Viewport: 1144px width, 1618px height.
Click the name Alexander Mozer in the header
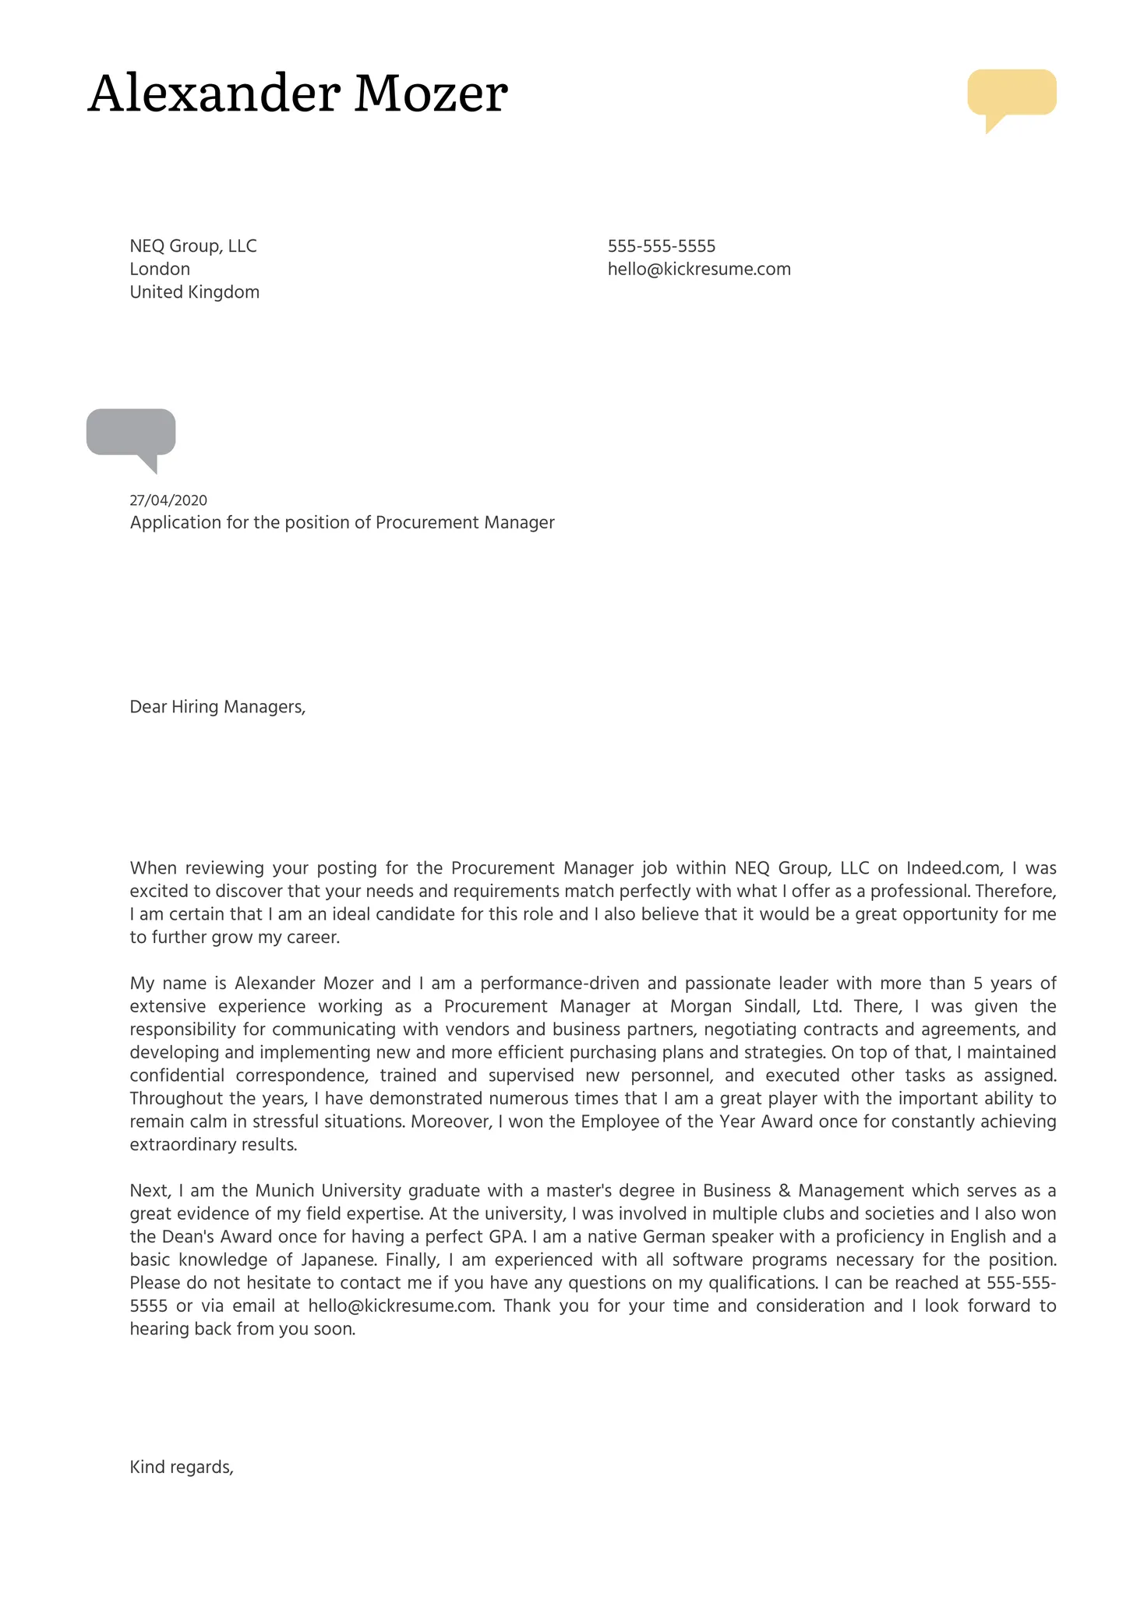coord(297,94)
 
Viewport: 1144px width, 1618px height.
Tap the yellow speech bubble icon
coord(1011,94)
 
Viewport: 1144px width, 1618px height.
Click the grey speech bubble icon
coord(131,433)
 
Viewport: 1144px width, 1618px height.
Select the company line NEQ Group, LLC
coord(192,246)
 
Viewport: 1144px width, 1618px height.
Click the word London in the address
coord(160,270)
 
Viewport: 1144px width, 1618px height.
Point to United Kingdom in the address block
coord(194,292)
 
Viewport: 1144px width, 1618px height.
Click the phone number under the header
coord(661,246)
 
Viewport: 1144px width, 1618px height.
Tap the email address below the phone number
coord(698,270)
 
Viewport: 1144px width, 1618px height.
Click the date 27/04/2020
coord(168,500)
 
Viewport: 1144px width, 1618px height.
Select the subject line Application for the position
coord(341,523)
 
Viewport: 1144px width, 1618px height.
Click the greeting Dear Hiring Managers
coord(217,707)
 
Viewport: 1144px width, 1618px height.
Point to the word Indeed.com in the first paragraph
coord(954,868)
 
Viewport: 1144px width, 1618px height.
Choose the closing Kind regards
coord(182,1468)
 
